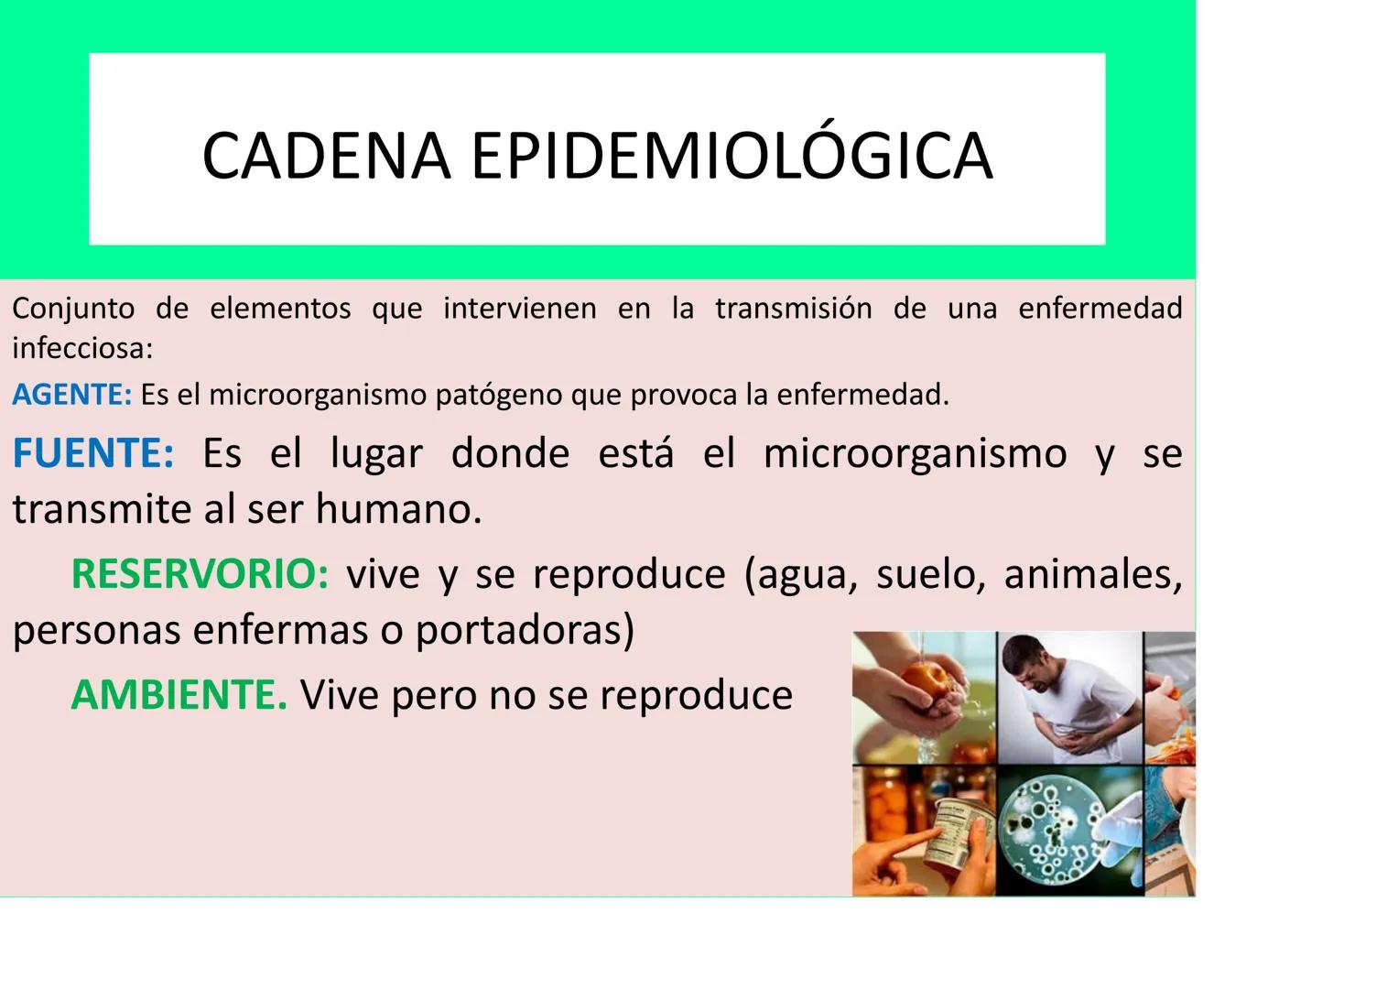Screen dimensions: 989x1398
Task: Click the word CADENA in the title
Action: coord(326,156)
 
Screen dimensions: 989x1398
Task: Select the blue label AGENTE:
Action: coord(71,395)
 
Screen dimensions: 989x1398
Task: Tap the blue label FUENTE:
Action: coord(92,453)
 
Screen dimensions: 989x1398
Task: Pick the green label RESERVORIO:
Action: coord(199,574)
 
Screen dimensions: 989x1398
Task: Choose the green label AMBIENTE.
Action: coord(179,695)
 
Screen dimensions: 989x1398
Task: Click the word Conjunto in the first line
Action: coord(72,309)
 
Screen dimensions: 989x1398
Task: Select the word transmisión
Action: coord(793,309)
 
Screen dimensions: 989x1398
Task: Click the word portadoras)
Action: coord(525,630)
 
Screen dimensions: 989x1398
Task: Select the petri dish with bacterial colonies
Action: coord(1054,823)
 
